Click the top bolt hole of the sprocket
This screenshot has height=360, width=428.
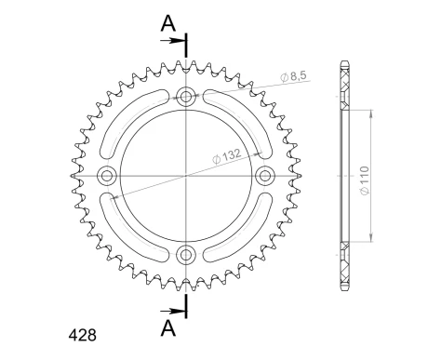coord(186,95)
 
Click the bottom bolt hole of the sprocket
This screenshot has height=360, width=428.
coord(186,255)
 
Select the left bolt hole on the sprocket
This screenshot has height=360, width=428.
coord(106,175)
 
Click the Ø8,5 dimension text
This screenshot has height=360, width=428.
coord(296,77)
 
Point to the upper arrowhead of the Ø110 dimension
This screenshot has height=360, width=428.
coord(370,108)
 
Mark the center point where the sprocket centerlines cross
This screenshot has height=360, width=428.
coord(186,175)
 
